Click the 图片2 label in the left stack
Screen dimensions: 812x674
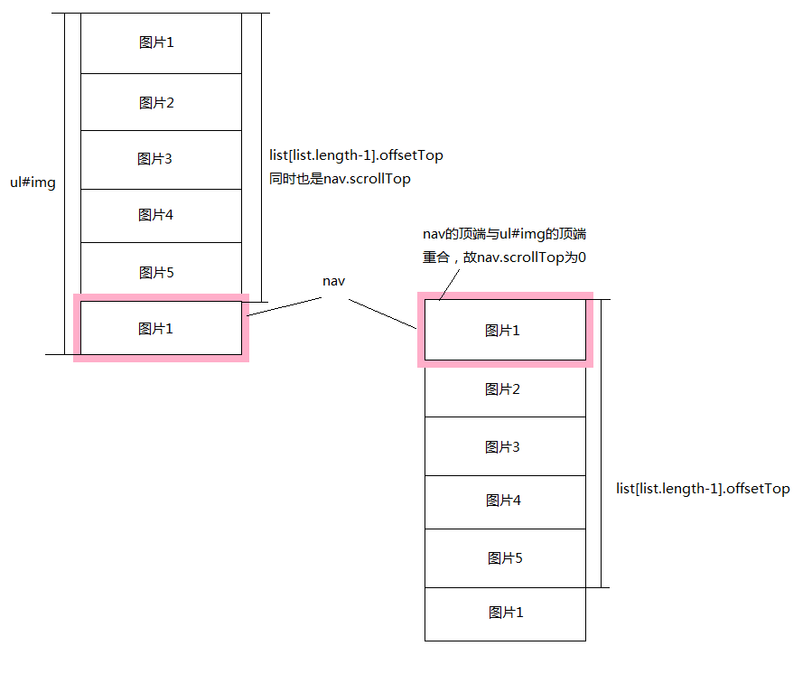click(156, 103)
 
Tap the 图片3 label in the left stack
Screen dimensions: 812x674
click(154, 158)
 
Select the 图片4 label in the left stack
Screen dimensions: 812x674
click(155, 214)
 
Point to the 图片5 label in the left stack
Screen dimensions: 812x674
click(156, 273)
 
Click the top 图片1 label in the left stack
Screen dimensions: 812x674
click(156, 42)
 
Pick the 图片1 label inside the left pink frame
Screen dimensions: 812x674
click(155, 329)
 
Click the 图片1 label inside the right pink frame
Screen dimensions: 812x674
click(502, 331)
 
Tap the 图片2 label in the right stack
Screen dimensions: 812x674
click(502, 389)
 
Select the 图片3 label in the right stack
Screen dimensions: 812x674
click(502, 446)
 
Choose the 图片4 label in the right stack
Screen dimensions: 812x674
click(503, 500)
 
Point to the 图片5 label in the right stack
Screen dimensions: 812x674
click(505, 558)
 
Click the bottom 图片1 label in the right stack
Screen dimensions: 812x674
click(506, 613)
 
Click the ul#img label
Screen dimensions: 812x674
click(33, 183)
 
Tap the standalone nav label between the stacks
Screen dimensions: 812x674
click(333, 281)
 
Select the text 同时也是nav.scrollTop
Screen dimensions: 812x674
click(340, 179)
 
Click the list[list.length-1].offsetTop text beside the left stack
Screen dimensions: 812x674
click(356, 155)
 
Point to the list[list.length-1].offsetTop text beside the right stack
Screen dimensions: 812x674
click(703, 489)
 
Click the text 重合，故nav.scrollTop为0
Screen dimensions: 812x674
click(504, 257)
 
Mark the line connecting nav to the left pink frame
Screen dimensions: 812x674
click(285, 306)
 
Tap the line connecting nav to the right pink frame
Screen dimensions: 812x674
click(382, 314)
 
